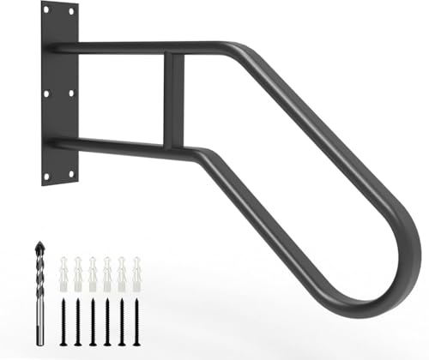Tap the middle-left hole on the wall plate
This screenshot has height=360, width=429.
(x=45, y=93)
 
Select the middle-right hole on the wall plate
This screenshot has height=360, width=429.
(x=70, y=93)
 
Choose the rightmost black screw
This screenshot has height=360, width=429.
(x=136, y=322)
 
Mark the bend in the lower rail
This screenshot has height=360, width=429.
(x=204, y=157)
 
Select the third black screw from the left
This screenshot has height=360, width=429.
(x=93, y=322)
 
